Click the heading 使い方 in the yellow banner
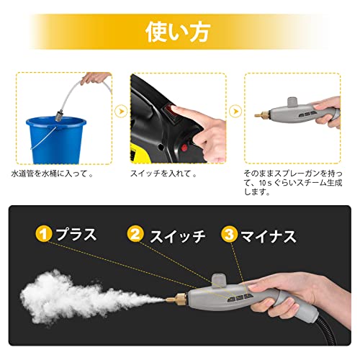pyautogui.click(x=178, y=32)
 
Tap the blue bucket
pyautogui.click(x=56, y=140)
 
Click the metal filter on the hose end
pyautogui.click(x=59, y=116)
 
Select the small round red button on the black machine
pyautogui.click(x=184, y=148)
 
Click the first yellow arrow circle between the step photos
pyautogui.click(x=121, y=111)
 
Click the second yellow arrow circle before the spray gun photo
pyautogui.click(x=235, y=111)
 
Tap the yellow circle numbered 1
pyautogui.click(x=44, y=234)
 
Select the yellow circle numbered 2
pyautogui.click(x=135, y=234)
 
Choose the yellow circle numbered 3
pyautogui.click(x=229, y=234)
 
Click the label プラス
pyautogui.click(x=76, y=234)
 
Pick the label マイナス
pyautogui.click(x=269, y=236)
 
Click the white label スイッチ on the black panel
pyautogui.click(x=178, y=236)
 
